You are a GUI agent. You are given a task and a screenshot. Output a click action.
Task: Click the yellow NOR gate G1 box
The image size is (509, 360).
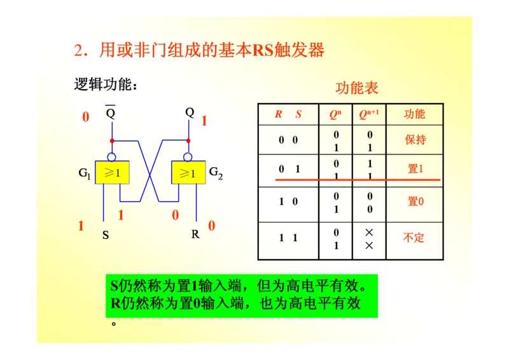pyautogui.click(x=112, y=172)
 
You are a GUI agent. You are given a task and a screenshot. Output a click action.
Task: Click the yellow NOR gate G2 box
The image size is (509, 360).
pyautogui.click(x=188, y=172)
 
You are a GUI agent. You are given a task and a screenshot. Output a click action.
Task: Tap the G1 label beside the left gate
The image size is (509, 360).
pyautogui.click(x=85, y=172)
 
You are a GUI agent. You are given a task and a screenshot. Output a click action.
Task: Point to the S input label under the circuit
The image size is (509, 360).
pyautogui.click(x=106, y=235)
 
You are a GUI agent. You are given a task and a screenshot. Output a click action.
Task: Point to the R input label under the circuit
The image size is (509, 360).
pyautogui.click(x=195, y=234)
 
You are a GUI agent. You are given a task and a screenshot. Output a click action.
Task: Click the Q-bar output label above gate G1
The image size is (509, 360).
pyautogui.click(x=110, y=113)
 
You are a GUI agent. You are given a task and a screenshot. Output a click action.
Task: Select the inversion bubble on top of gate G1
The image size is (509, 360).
pyautogui.click(x=112, y=156)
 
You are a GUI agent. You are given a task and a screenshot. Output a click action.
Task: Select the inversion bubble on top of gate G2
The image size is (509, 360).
pyautogui.click(x=188, y=156)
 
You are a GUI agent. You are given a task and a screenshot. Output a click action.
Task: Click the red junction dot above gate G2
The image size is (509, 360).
pyautogui.click(x=188, y=140)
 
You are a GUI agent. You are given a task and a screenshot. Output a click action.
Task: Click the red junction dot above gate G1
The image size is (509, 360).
pyautogui.click(x=112, y=140)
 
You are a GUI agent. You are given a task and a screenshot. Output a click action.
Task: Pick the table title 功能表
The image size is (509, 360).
pyautogui.click(x=357, y=88)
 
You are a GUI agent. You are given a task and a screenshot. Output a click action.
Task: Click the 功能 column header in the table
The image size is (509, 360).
pyautogui.click(x=414, y=114)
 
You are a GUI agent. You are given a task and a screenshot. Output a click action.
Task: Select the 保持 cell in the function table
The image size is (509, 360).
pyautogui.click(x=415, y=140)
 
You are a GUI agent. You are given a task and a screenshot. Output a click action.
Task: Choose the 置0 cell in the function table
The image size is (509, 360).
pyautogui.click(x=415, y=202)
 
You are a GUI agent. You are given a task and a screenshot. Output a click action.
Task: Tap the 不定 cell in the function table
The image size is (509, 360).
pyautogui.click(x=414, y=238)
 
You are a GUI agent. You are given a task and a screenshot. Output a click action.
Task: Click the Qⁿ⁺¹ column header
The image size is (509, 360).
pyautogui.click(x=369, y=114)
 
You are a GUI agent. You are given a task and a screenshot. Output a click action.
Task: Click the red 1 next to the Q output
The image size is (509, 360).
pyautogui.click(x=204, y=121)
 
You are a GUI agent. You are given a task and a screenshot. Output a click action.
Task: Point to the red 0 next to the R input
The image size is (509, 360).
pyautogui.click(x=211, y=226)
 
